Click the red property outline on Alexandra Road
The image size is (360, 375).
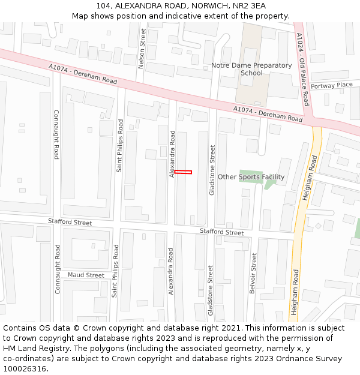pos(183,172)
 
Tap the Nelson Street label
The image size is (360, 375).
pos(142,49)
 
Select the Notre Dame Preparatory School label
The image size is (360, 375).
pos(251,69)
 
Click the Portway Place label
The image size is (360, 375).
pos(332,85)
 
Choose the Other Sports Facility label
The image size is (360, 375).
pos(251,177)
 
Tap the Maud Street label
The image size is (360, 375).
pos(86,275)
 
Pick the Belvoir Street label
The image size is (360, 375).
pos(253,273)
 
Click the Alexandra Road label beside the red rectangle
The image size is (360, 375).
pos(172,155)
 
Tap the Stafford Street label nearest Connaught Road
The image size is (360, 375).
pos(70,223)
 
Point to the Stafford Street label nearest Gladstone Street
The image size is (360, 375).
pos(221,232)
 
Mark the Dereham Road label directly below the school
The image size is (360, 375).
pos(268,113)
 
